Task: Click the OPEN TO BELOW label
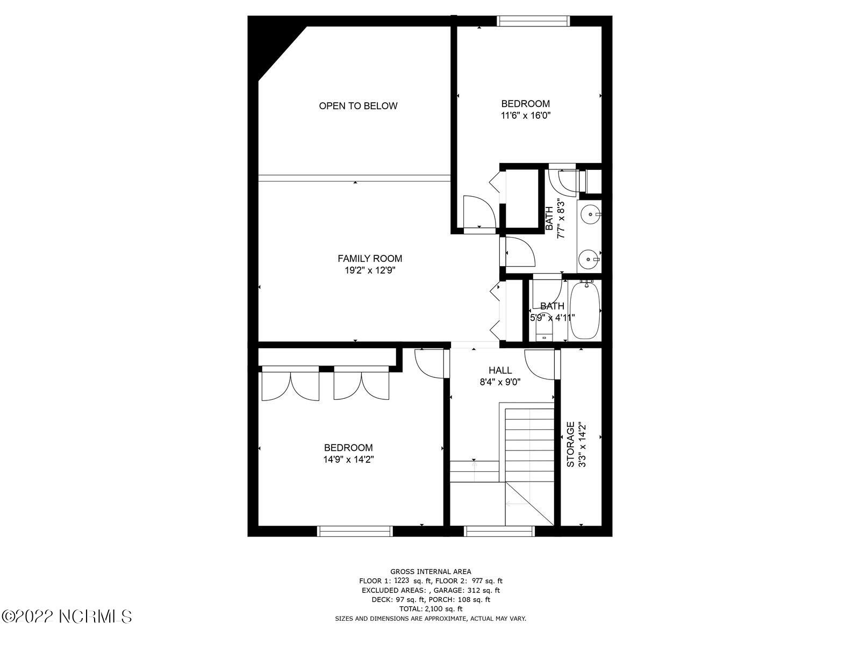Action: (x=358, y=106)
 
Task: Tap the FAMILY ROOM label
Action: (x=370, y=259)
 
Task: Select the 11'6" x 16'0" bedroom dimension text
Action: (x=526, y=115)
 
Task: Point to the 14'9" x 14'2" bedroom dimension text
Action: (x=348, y=460)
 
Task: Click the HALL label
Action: (x=500, y=370)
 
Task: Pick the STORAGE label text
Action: (x=571, y=444)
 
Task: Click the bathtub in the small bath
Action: (x=585, y=310)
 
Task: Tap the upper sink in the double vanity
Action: (x=591, y=214)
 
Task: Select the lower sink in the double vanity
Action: (x=589, y=260)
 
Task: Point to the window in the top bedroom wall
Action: (x=533, y=21)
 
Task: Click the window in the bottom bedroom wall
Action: (x=355, y=531)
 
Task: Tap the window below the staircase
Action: (x=500, y=531)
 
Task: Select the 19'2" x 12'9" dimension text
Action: (x=370, y=271)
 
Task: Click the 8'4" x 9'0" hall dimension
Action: (x=500, y=382)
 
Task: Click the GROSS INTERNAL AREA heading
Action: (x=431, y=572)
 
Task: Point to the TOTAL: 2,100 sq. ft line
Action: (x=431, y=609)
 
